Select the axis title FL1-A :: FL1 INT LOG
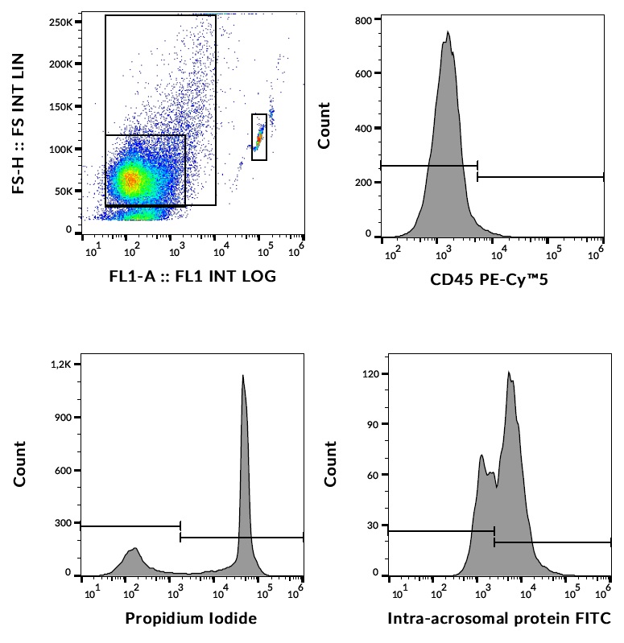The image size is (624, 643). [192, 277]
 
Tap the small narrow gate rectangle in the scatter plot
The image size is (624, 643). [259, 137]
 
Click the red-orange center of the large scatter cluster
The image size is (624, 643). [132, 179]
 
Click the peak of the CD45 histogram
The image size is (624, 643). [448, 33]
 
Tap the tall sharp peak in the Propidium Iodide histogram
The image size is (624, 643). [242, 376]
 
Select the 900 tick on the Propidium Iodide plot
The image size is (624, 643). [63, 417]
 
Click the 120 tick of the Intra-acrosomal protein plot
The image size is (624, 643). [370, 374]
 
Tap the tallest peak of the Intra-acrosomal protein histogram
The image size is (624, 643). [509, 373]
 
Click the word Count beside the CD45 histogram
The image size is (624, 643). [324, 126]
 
